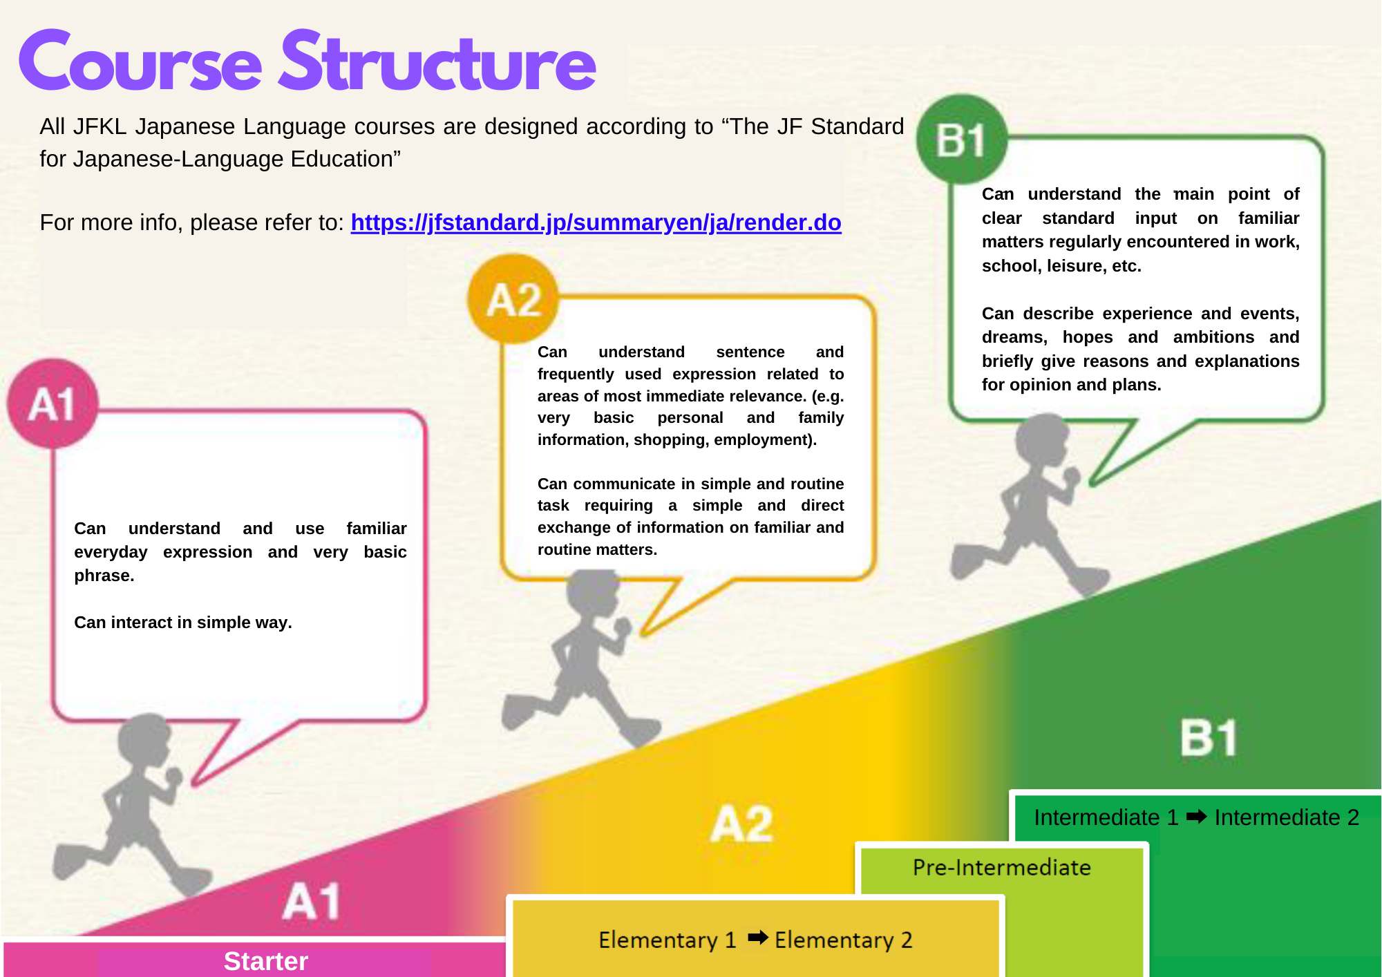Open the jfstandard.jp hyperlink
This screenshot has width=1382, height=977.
click(596, 222)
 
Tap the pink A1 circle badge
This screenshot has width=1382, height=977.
click(53, 404)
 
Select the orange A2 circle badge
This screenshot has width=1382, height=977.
click(513, 299)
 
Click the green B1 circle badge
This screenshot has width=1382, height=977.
click(962, 140)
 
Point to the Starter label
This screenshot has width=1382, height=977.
click(266, 961)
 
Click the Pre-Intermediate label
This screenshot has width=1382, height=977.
click(1001, 867)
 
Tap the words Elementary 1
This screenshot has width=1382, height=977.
click(668, 940)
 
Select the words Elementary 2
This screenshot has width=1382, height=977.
click(844, 940)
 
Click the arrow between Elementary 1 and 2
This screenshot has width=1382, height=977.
click(758, 937)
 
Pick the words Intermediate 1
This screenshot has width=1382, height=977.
click(1106, 817)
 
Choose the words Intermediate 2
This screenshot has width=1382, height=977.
click(1287, 817)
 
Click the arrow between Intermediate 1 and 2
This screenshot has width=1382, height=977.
click(1197, 817)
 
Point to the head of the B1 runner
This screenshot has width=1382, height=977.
click(1042, 440)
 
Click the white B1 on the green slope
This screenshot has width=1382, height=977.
click(1209, 738)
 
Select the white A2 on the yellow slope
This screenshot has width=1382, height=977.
click(741, 824)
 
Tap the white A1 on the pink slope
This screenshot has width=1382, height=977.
click(312, 901)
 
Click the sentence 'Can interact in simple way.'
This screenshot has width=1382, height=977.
click(183, 623)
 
